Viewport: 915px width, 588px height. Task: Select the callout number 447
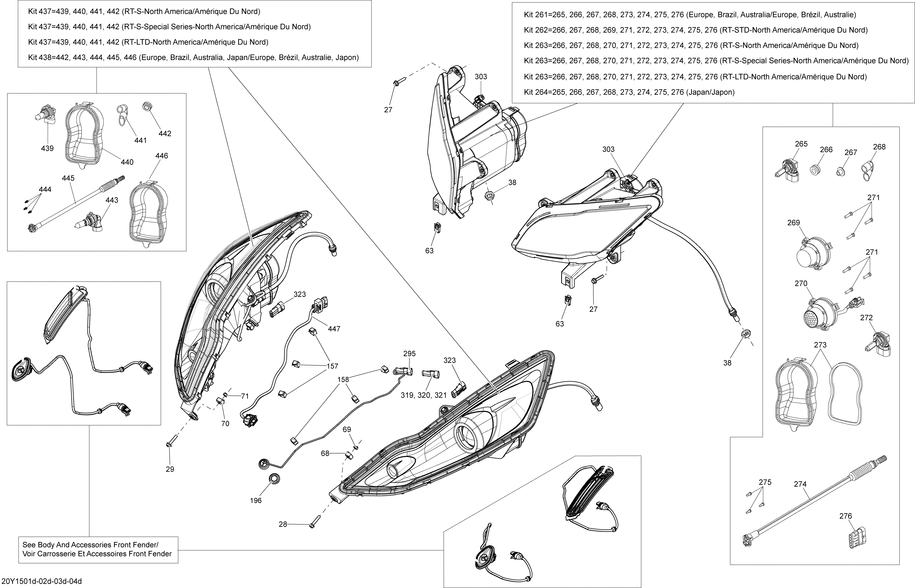334,329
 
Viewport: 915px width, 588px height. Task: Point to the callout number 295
409,354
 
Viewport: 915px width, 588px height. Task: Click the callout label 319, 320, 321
424,395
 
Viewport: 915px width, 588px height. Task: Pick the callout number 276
846,516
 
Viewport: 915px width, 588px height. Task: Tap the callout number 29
170,469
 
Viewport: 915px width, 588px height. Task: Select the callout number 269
794,223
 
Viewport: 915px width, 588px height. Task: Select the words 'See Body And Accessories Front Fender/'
90,545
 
